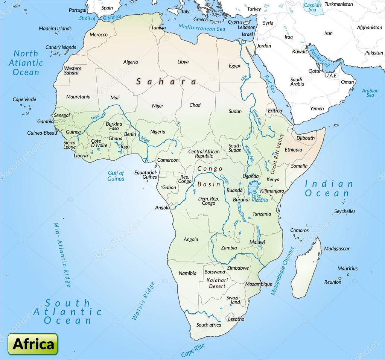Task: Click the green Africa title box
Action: (33, 344)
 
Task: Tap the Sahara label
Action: (166, 81)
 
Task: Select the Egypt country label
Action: (234, 66)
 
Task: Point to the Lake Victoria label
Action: (260, 198)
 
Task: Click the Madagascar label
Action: (336, 249)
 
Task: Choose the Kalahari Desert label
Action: (216, 283)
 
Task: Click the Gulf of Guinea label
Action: (116, 176)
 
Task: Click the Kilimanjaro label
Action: (272, 191)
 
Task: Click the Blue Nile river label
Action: (257, 117)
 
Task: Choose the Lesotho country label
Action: (236, 319)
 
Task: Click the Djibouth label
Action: (305, 138)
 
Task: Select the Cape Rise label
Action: (193, 351)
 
